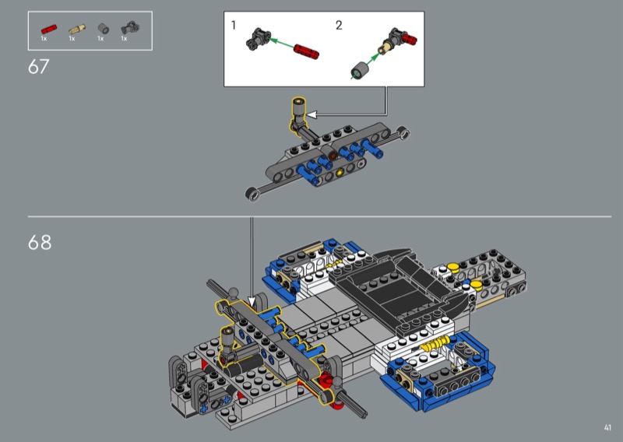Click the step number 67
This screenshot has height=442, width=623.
[x=38, y=67]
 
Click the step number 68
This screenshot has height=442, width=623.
[x=40, y=242]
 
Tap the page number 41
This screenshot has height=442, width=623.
[x=607, y=428]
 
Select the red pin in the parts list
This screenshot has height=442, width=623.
[x=49, y=30]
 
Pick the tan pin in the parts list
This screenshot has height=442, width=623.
[x=76, y=29]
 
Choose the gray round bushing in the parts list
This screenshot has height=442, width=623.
[x=104, y=29]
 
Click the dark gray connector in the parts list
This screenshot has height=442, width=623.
[x=130, y=28]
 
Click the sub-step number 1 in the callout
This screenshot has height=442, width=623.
[x=233, y=26]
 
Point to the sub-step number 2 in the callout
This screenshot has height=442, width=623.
[x=339, y=26]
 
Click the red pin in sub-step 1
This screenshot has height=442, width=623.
[x=306, y=51]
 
